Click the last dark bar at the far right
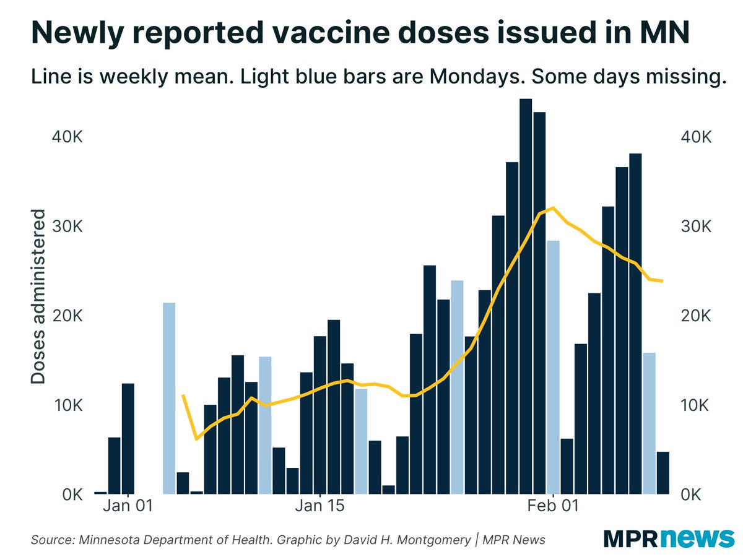click(x=663, y=473)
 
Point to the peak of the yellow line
click(x=553, y=208)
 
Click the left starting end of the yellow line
click(x=183, y=395)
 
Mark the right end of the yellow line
click(x=663, y=281)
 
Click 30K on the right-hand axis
click(x=695, y=227)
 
